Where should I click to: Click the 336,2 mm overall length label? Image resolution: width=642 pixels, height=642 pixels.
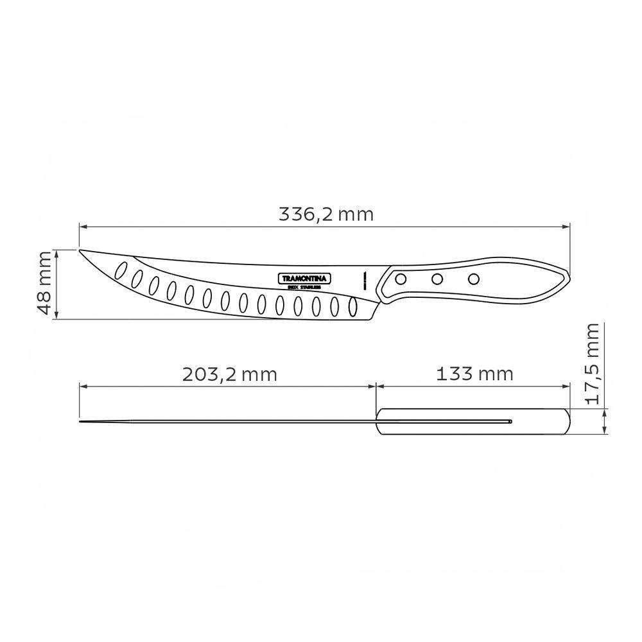tap(325, 214)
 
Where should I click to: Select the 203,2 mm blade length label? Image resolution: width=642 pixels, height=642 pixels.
tap(229, 374)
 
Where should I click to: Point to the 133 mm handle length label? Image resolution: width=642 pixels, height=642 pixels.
tap(474, 374)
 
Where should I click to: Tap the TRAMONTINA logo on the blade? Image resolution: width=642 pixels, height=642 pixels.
tap(304, 279)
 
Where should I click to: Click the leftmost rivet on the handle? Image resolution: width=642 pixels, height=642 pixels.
tap(400, 279)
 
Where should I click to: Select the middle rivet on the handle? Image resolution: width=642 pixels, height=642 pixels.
tap(437, 279)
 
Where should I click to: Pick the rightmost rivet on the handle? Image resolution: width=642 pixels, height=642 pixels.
tap(474, 279)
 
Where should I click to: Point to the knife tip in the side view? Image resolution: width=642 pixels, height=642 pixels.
tap(80, 250)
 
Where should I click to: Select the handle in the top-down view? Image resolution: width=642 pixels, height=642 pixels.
tap(473, 422)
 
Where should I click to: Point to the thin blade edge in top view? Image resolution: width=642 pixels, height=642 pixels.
tap(225, 422)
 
